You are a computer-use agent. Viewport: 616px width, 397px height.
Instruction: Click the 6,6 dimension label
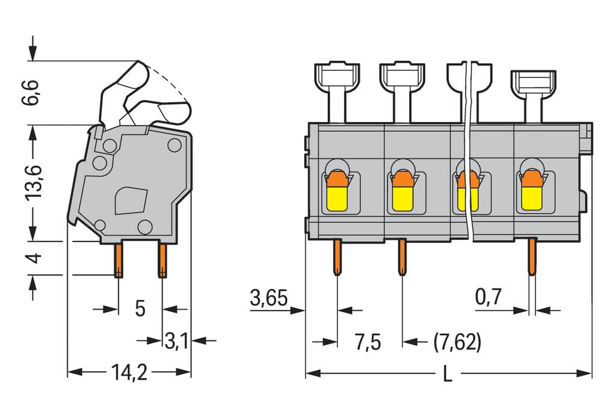click(x=30, y=92)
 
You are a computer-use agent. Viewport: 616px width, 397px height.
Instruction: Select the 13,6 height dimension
click(x=34, y=183)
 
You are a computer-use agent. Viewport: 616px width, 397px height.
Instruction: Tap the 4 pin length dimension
click(x=34, y=258)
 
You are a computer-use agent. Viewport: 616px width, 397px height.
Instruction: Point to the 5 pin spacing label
click(x=140, y=309)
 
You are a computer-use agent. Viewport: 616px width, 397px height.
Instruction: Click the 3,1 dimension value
click(x=176, y=341)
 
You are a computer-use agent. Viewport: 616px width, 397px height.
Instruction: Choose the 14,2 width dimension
click(x=129, y=372)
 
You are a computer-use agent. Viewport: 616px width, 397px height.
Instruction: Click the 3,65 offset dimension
click(x=269, y=298)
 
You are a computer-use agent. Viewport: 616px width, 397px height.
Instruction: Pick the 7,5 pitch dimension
click(x=368, y=342)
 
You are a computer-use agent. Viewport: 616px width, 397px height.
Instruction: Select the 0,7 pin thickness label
click(x=488, y=297)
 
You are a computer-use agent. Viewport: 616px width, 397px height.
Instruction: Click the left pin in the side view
click(x=119, y=260)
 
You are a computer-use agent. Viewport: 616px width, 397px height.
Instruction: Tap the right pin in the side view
click(x=162, y=260)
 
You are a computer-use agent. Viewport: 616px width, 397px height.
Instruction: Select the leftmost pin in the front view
click(x=337, y=257)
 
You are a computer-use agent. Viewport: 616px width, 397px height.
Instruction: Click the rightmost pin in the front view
click(x=532, y=257)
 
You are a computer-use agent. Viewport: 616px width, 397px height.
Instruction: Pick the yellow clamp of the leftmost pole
click(x=337, y=198)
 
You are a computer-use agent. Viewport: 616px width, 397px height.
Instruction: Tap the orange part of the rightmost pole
click(x=532, y=179)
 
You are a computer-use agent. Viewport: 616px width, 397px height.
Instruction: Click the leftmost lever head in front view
click(x=337, y=76)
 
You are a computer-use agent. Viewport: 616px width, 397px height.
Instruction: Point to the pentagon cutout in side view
click(x=131, y=201)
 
